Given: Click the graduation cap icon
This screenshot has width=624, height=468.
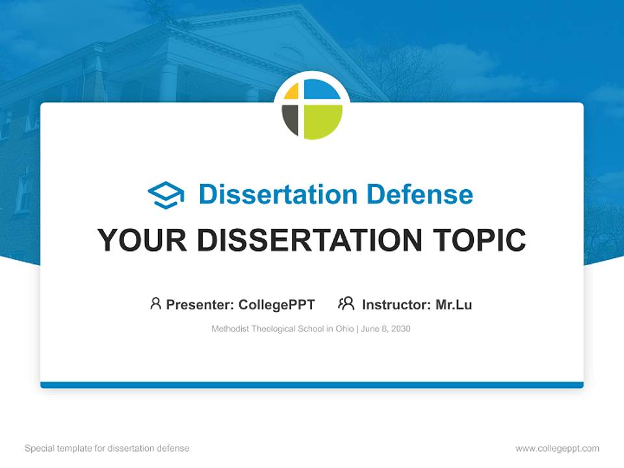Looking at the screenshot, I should coord(166,195).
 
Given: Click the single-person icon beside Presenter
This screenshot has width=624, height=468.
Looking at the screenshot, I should coord(155,304).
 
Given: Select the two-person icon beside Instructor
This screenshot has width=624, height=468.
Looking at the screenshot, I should coord(346,304).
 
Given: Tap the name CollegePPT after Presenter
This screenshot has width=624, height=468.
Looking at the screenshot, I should coord(276,304).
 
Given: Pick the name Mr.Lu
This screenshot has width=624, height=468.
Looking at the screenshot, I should coord(454,304).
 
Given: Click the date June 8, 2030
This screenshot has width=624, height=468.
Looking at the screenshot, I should coord(385,329).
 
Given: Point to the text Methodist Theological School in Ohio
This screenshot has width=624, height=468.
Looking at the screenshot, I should coord(282,329).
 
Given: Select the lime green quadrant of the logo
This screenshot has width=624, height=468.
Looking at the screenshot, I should coord(322,121).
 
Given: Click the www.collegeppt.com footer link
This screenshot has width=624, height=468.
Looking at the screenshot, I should coord(557,448).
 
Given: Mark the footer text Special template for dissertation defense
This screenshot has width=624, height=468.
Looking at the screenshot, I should coord(107,448).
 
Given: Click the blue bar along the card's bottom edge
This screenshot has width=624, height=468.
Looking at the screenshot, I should coord(312,385).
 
